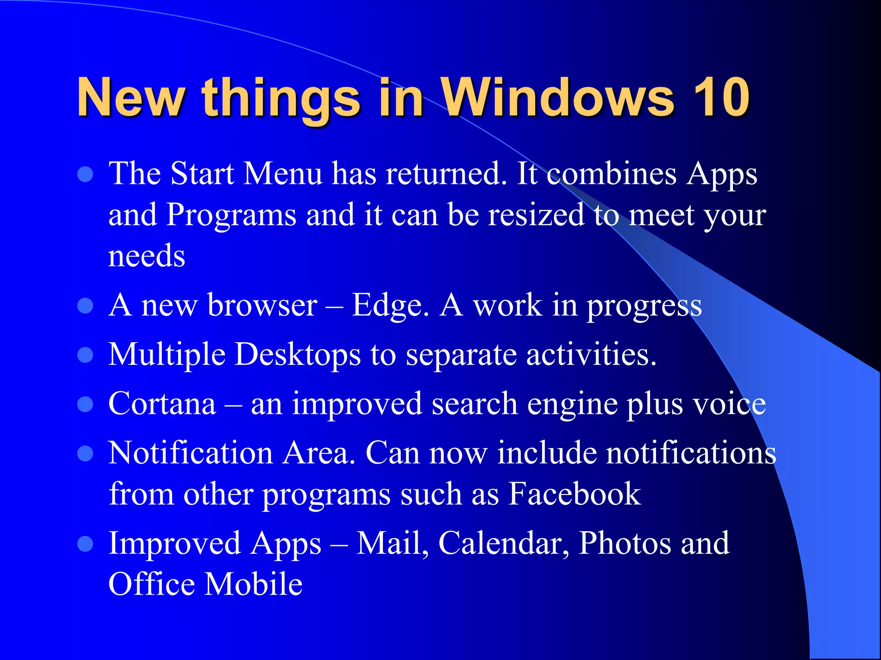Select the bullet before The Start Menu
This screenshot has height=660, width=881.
[86, 174]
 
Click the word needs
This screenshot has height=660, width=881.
[146, 257]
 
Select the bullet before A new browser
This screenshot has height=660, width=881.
[86, 306]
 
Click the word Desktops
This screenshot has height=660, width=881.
[297, 355]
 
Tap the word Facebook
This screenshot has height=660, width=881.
[574, 494]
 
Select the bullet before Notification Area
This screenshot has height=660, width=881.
[86, 453]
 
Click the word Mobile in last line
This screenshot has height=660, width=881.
[253, 584]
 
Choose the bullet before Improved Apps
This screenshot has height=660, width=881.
[86, 544]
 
